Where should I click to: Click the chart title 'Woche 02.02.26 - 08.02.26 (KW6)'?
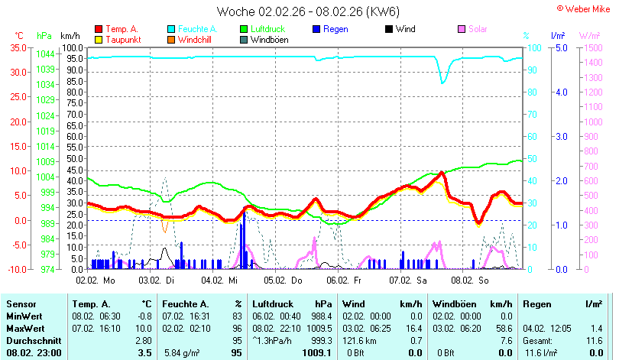pos(308,11)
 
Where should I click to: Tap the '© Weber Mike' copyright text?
pos(584,9)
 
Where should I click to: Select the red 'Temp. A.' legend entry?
pos(116,29)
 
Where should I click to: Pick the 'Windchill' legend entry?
pos(190,40)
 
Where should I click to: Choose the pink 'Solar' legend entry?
pos(472,29)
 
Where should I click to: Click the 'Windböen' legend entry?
pos(264,40)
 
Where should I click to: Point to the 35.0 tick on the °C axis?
pos(18,47)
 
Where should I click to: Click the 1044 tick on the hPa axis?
pos(45,54)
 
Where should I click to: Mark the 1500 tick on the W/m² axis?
pos(593,47)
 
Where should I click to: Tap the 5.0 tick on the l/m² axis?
pos(562,47)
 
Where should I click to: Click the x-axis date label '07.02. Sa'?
pos(408,281)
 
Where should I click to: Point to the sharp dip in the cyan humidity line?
pos(443,82)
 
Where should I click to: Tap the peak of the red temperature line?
pos(442,172)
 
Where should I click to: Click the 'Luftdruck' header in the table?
pos(273,304)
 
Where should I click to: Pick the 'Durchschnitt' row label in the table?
pos(34,341)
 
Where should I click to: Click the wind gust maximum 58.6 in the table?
pos(504,329)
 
